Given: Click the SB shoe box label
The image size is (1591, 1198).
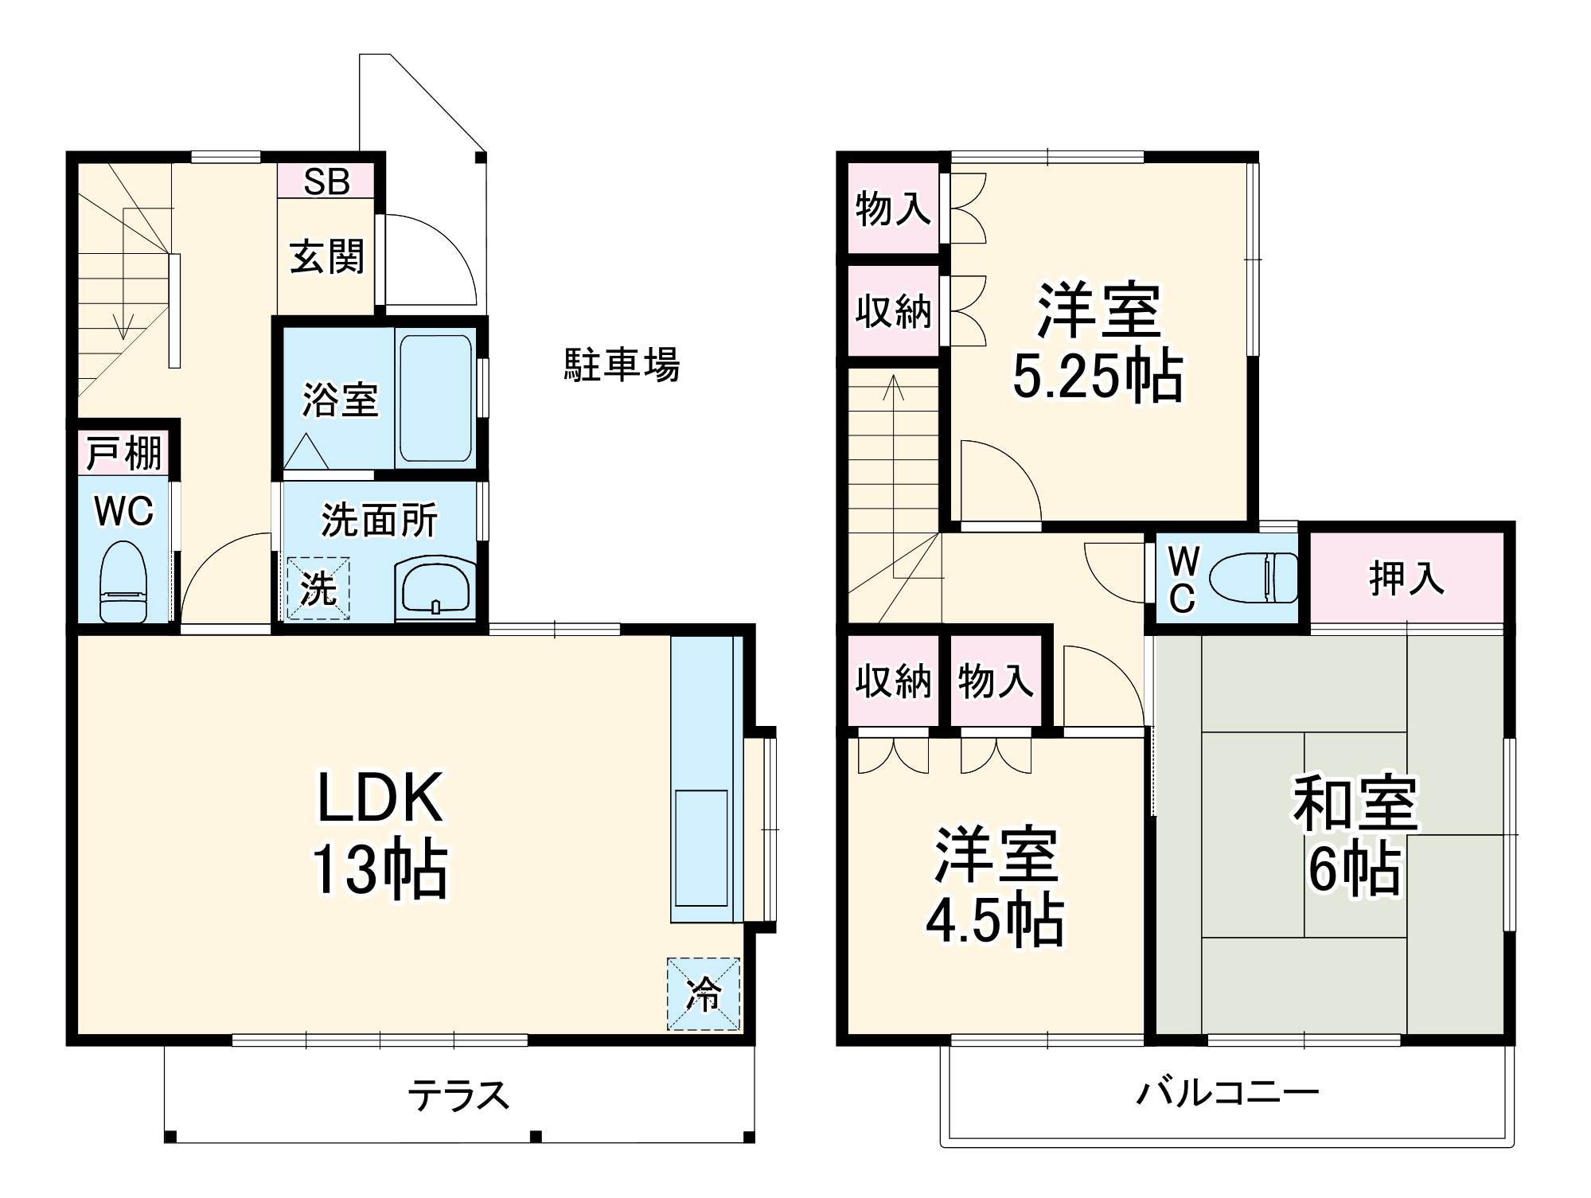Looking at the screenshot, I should (326, 182).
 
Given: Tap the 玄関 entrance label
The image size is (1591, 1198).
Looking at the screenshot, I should (326, 257).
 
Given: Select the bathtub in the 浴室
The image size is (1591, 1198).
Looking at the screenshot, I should (435, 397).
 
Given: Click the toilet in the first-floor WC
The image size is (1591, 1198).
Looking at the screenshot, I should (123, 582).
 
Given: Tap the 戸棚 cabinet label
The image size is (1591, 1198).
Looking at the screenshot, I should (123, 454).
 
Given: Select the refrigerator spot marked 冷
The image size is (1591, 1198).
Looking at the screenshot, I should (704, 993).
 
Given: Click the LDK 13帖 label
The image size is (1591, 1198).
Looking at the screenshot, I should (380, 833).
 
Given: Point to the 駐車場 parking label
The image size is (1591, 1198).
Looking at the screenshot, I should (622, 365).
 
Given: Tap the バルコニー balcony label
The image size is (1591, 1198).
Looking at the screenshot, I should (1226, 1092).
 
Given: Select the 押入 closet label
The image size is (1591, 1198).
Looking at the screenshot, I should (1406, 578).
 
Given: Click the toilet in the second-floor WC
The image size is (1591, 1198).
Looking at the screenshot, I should (1253, 577).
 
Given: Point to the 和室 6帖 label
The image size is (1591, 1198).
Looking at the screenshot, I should (1355, 834).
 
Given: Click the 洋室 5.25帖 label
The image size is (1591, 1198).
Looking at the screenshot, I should (1098, 342).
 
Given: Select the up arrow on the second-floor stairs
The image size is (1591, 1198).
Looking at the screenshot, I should (894, 388).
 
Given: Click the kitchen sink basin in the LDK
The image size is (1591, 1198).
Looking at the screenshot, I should (701, 847).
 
